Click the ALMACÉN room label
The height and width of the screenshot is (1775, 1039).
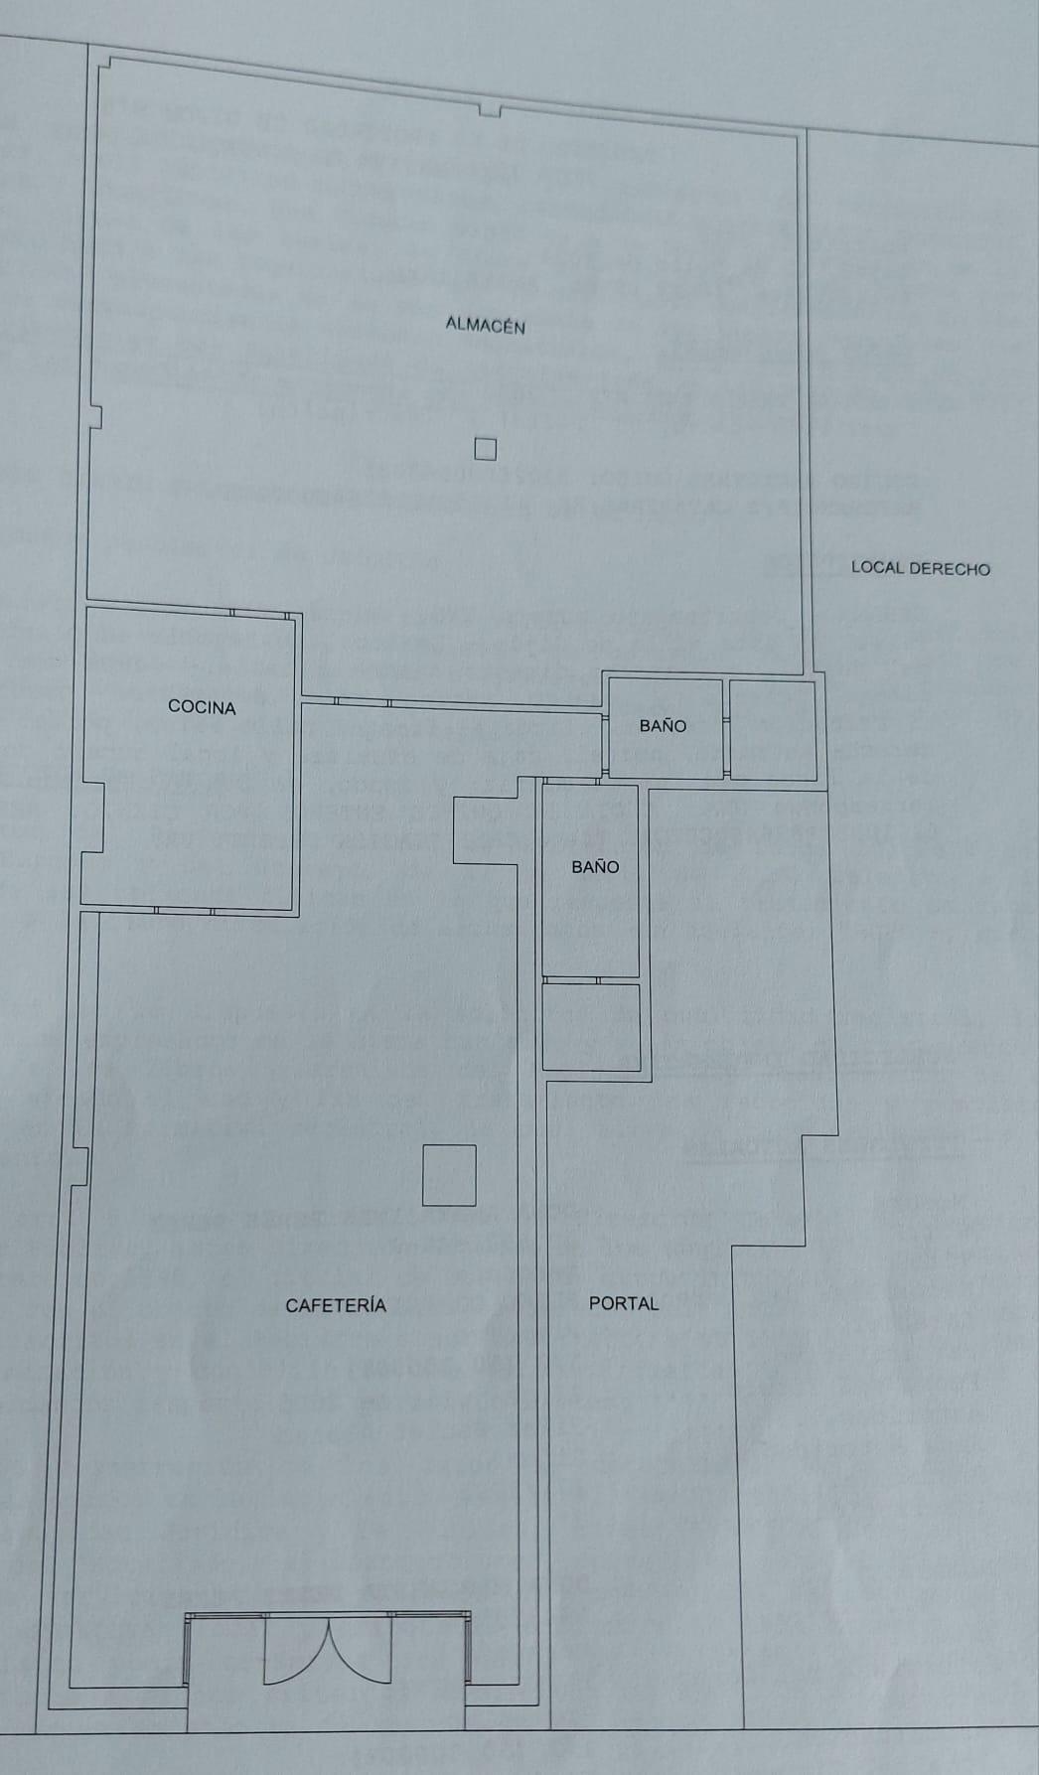pos(485,325)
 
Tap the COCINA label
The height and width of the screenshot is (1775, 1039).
pos(202,707)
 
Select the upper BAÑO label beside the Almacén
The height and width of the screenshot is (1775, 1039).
pos(663,726)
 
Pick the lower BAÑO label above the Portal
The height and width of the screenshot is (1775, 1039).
pos(595,867)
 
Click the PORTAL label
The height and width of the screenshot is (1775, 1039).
pos(624,1303)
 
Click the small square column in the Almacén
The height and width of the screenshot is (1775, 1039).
pos(485,450)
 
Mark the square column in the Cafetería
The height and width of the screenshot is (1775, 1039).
pos(449,1175)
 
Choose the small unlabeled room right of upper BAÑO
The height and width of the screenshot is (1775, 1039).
pos(773,729)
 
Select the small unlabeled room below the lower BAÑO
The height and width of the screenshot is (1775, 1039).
pos(591,1026)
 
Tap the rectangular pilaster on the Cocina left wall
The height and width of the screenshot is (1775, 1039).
pos(92,816)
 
